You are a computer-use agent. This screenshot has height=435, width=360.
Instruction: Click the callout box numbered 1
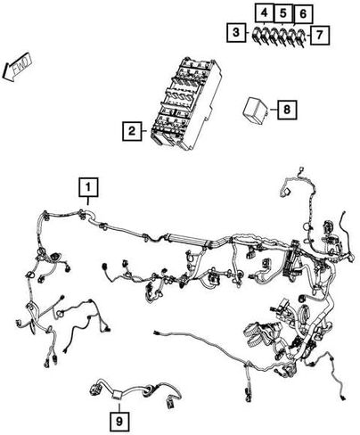click(x=88, y=187)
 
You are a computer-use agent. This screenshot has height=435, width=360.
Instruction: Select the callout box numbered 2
click(x=132, y=131)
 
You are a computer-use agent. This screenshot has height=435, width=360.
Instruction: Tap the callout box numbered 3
click(x=236, y=32)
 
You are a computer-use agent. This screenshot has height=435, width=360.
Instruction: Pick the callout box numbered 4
click(x=264, y=13)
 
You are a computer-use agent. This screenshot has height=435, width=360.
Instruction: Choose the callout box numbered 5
click(x=283, y=13)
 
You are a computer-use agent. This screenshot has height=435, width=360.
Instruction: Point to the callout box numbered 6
click(x=303, y=14)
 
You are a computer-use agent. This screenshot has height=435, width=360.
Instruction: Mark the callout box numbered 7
click(x=320, y=35)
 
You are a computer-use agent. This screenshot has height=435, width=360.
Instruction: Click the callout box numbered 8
click(x=287, y=110)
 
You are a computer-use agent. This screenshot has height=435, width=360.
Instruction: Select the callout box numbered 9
click(x=119, y=421)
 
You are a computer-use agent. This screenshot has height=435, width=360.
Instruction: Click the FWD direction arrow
click(x=17, y=67)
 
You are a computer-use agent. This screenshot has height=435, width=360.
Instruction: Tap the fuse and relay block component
click(x=185, y=104)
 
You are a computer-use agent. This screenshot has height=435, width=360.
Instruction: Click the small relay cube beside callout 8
click(x=256, y=110)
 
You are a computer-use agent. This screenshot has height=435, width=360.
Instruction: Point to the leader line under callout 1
click(x=88, y=201)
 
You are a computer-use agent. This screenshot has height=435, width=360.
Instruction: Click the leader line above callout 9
click(x=119, y=406)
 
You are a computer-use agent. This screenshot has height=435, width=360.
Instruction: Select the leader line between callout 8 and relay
click(x=274, y=110)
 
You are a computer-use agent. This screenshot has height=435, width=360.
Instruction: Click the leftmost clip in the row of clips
click(x=257, y=37)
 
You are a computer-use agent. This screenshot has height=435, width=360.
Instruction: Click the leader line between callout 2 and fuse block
click(x=144, y=131)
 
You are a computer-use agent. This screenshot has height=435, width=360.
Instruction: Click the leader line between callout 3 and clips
click(x=249, y=32)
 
